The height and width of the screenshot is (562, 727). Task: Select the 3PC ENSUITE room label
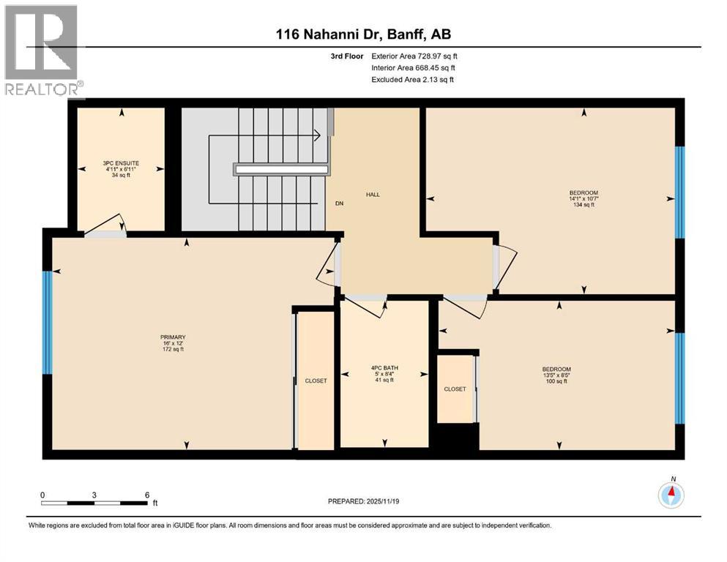[x=121, y=169]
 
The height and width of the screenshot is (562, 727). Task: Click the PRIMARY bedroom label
[x=173, y=343]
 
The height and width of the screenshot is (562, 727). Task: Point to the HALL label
[x=373, y=195]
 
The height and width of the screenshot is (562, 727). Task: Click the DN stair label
[x=340, y=203]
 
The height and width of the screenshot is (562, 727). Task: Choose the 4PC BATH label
[x=384, y=374]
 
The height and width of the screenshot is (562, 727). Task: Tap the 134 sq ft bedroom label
[x=584, y=199]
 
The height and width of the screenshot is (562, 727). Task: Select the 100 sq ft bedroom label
[x=556, y=375]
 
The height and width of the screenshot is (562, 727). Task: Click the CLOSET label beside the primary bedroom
[x=316, y=381]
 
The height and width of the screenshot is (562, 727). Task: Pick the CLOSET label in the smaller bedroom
[x=455, y=389]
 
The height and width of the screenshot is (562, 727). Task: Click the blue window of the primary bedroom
[x=48, y=323]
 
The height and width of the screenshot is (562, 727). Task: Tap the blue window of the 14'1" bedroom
[x=679, y=192]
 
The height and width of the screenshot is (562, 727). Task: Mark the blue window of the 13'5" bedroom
[x=679, y=378]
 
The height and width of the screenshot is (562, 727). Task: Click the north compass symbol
[x=671, y=495]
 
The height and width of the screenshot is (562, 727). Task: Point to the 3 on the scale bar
[x=94, y=495]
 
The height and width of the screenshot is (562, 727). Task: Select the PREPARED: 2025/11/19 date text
[x=363, y=501]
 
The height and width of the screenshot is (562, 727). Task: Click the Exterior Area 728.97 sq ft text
[x=414, y=56]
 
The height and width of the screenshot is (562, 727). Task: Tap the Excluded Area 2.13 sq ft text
[x=413, y=80]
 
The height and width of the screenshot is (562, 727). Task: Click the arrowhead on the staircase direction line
[x=318, y=136]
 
